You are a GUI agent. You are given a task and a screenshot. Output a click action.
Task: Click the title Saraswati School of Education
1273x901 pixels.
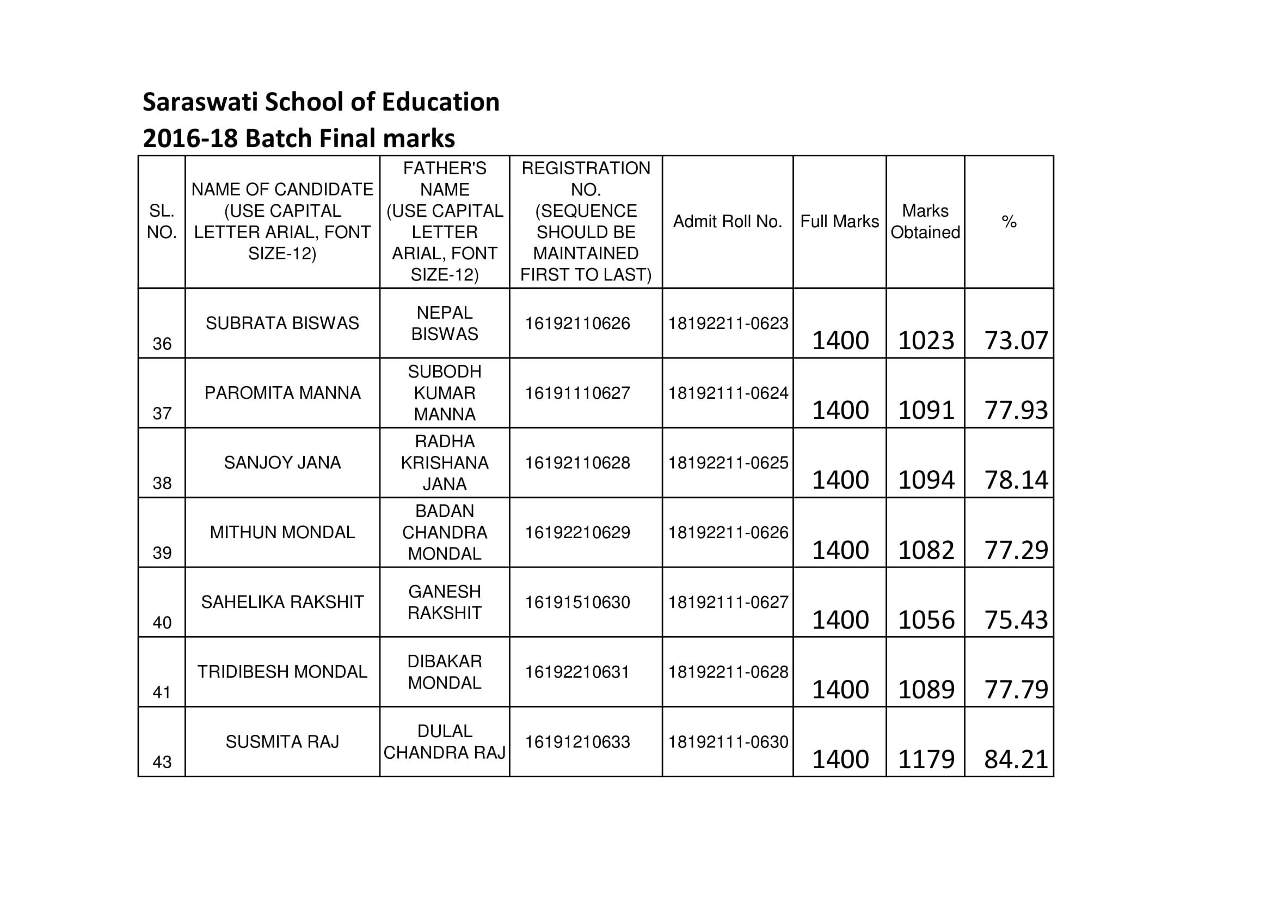point(321,102)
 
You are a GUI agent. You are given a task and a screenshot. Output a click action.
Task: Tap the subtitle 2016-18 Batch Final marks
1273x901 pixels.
point(299,139)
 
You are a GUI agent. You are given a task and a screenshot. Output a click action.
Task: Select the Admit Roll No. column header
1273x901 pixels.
point(728,221)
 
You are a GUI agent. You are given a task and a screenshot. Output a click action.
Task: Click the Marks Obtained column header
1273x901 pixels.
point(925,221)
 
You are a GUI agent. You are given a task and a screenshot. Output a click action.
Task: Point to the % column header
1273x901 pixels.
point(1008,222)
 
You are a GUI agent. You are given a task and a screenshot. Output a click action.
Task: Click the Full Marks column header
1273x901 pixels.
point(839,221)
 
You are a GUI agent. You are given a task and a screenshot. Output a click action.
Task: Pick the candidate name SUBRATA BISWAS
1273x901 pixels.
point(282,323)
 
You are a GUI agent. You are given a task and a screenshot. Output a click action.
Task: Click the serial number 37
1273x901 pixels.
point(162,413)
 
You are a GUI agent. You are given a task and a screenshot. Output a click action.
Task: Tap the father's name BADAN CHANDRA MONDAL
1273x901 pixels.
point(445,532)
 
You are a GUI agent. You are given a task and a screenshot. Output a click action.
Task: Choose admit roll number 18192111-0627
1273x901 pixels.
point(728,602)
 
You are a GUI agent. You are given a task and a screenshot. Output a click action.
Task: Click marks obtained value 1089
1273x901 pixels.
point(926,690)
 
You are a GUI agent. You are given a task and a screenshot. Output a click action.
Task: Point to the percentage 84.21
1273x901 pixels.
point(1016,759)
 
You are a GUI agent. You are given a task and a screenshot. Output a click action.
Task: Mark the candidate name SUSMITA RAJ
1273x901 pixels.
point(282,741)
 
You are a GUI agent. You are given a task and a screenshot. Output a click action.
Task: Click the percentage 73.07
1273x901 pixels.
point(1016,340)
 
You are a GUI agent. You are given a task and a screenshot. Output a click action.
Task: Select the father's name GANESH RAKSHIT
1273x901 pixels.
point(445,602)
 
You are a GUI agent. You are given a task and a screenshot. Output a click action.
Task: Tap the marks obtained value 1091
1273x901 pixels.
point(926,411)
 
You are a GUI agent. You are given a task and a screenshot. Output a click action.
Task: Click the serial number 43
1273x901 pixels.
point(162,762)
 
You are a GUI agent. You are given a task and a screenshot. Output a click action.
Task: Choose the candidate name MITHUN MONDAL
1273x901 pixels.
point(282,532)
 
